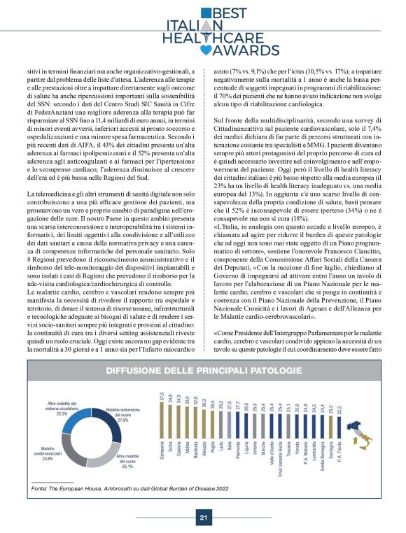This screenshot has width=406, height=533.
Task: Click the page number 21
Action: (x=203, y=518)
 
